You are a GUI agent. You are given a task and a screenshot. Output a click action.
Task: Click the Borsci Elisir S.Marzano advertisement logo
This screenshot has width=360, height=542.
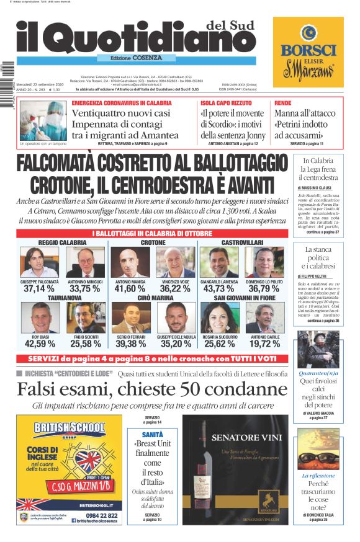click(308, 53)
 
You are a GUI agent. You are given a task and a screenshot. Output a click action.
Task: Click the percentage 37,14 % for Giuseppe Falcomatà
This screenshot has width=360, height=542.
click(39, 288)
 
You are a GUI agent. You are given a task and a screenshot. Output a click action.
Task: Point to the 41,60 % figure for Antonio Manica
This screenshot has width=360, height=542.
click(130, 288)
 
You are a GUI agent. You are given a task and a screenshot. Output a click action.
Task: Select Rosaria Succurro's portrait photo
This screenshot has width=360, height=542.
click(220, 318)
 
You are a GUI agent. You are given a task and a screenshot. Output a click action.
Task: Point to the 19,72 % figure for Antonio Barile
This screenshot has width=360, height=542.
click(265, 344)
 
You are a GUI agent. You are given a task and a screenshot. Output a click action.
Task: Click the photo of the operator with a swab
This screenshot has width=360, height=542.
click(43, 120)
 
